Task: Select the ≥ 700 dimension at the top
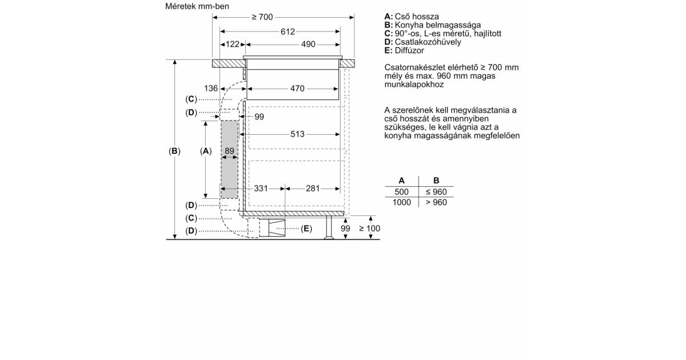pyautogui.click(x=262, y=17)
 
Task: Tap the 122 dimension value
pyautogui.click(x=233, y=44)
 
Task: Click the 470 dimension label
pyautogui.click(x=297, y=89)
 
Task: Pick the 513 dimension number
pyautogui.click(x=297, y=134)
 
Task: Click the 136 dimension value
pyautogui.click(x=211, y=89)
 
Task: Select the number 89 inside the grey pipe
pyautogui.click(x=229, y=151)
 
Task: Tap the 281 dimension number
pyautogui.click(x=313, y=188)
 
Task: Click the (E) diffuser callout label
pyautogui.click(x=306, y=229)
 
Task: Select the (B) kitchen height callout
pyautogui.click(x=174, y=151)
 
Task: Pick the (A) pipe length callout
pyautogui.click(x=206, y=151)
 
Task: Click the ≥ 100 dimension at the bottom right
pyautogui.click(x=369, y=229)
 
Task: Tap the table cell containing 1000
pyautogui.click(x=401, y=202)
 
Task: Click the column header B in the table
pyautogui.click(x=436, y=180)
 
